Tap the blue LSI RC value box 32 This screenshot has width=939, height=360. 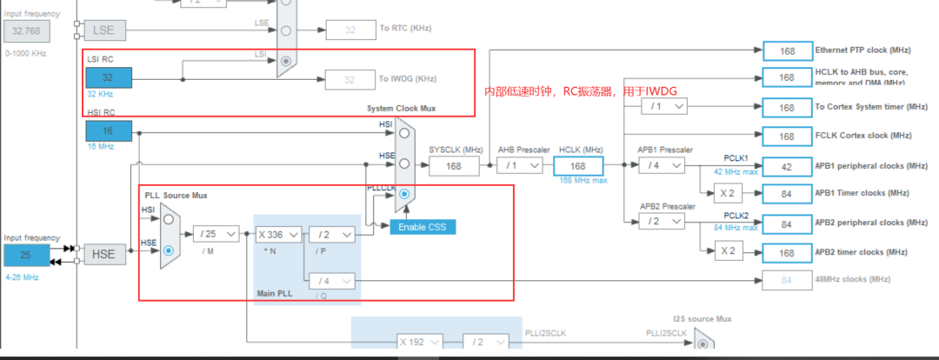pyautogui.click(x=109, y=78)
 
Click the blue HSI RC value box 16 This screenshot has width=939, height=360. pyautogui.click(x=109, y=131)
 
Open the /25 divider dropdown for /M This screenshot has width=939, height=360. pyautogui.click(x=215, y=234)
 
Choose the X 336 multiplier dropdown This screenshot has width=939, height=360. pyautogui.click(x=278, y=234)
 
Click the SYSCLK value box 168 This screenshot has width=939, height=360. pyautogui.click(x=454, y=165)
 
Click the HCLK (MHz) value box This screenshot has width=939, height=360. pyautogui.click(x=578, y=165)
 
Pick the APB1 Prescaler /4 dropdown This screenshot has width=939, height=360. pyautogui.click(x=662, y=165)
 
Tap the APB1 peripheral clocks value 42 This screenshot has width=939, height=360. pyautogui.click(x=786, y=165)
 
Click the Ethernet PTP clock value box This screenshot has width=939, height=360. pyautogui.click(x=786, y=51)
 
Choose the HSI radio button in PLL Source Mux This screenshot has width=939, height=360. pyautogui.click(x=169, y=220)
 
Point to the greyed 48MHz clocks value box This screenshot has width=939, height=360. pyautogui.click(x=786, y=279)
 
